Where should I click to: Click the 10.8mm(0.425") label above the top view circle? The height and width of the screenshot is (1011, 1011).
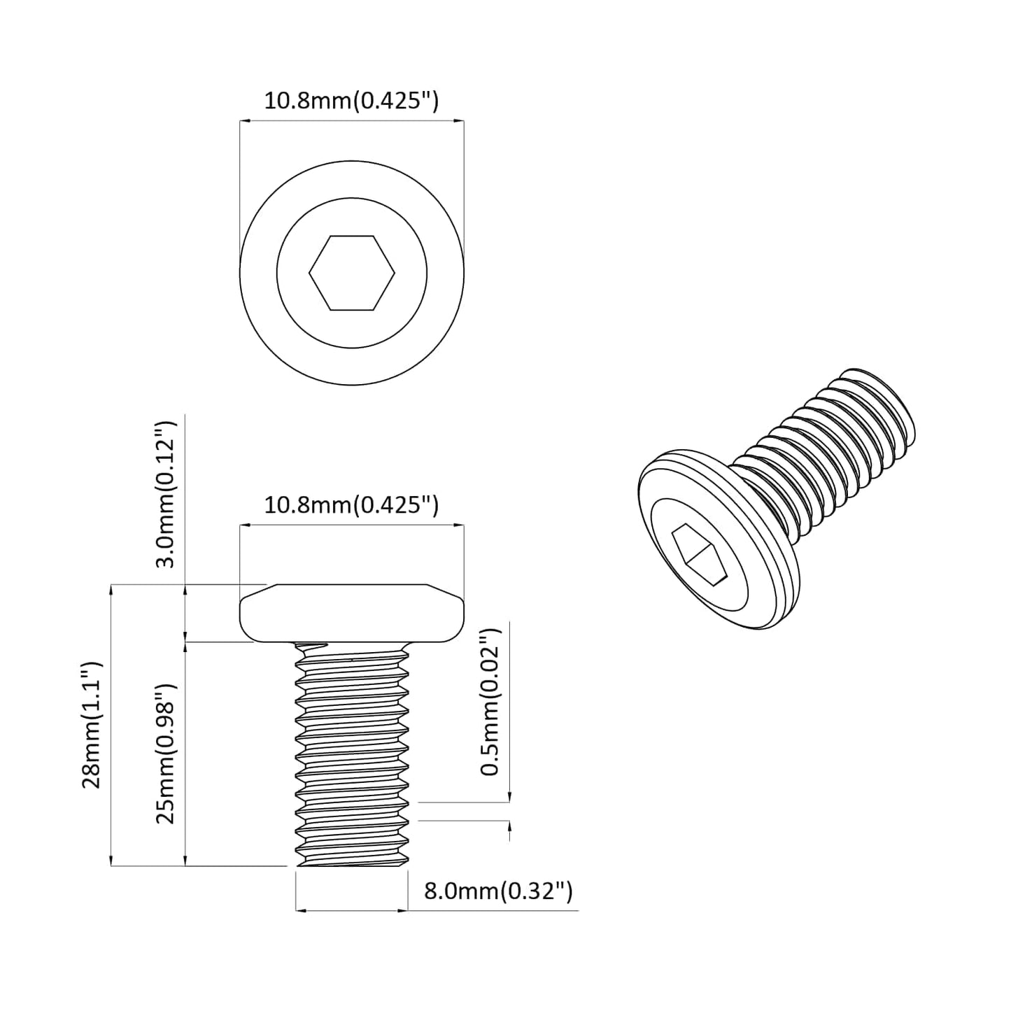coord(351,101)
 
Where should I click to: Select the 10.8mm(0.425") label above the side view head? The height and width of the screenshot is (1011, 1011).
coord(351,504)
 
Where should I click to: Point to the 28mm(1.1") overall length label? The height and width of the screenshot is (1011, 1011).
coord(92,725)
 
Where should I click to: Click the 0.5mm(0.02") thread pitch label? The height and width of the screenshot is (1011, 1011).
coord(490,700)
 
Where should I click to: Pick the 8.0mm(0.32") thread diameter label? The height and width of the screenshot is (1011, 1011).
coord(498,891)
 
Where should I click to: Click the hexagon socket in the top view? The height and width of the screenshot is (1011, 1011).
coord(352,272)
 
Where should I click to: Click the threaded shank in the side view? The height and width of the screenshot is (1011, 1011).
coord(352,752)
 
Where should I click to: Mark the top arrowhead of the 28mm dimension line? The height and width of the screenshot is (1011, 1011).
coord(111,590)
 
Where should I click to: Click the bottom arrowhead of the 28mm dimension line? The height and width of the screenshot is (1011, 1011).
coord(111,861)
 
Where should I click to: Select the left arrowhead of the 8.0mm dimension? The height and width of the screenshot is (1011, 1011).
coord(301,910)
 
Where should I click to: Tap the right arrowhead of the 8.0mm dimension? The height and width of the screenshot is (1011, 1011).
coord(403,910)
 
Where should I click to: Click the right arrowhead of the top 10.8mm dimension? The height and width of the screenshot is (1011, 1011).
coord(460,121)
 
